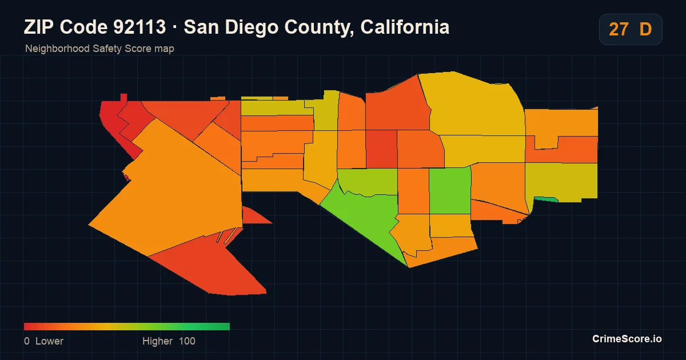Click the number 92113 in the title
pyautogui.click(x=139, y=27)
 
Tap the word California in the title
pyautogui.click(x=405, y=27)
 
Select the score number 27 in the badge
pyautogui.click(x=619, y=29)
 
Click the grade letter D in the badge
pyautogui.click(x=645, y=29)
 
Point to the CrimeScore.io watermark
pyautogui.click(x=627, y=339)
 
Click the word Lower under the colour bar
pyautogui.click(x=49, y=341)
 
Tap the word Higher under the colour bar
pyautogui.click(x=157, y=341)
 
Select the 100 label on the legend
pyautogui.click(x=187, y=341)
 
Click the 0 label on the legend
pyautogui.click(x=27, y=341)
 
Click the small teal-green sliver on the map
pyautogui.click(x=546, y=199)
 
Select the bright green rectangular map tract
pyautogui.click(x=450, y=191)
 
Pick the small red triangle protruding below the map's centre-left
pyautogui.click(x=254, y=217)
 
